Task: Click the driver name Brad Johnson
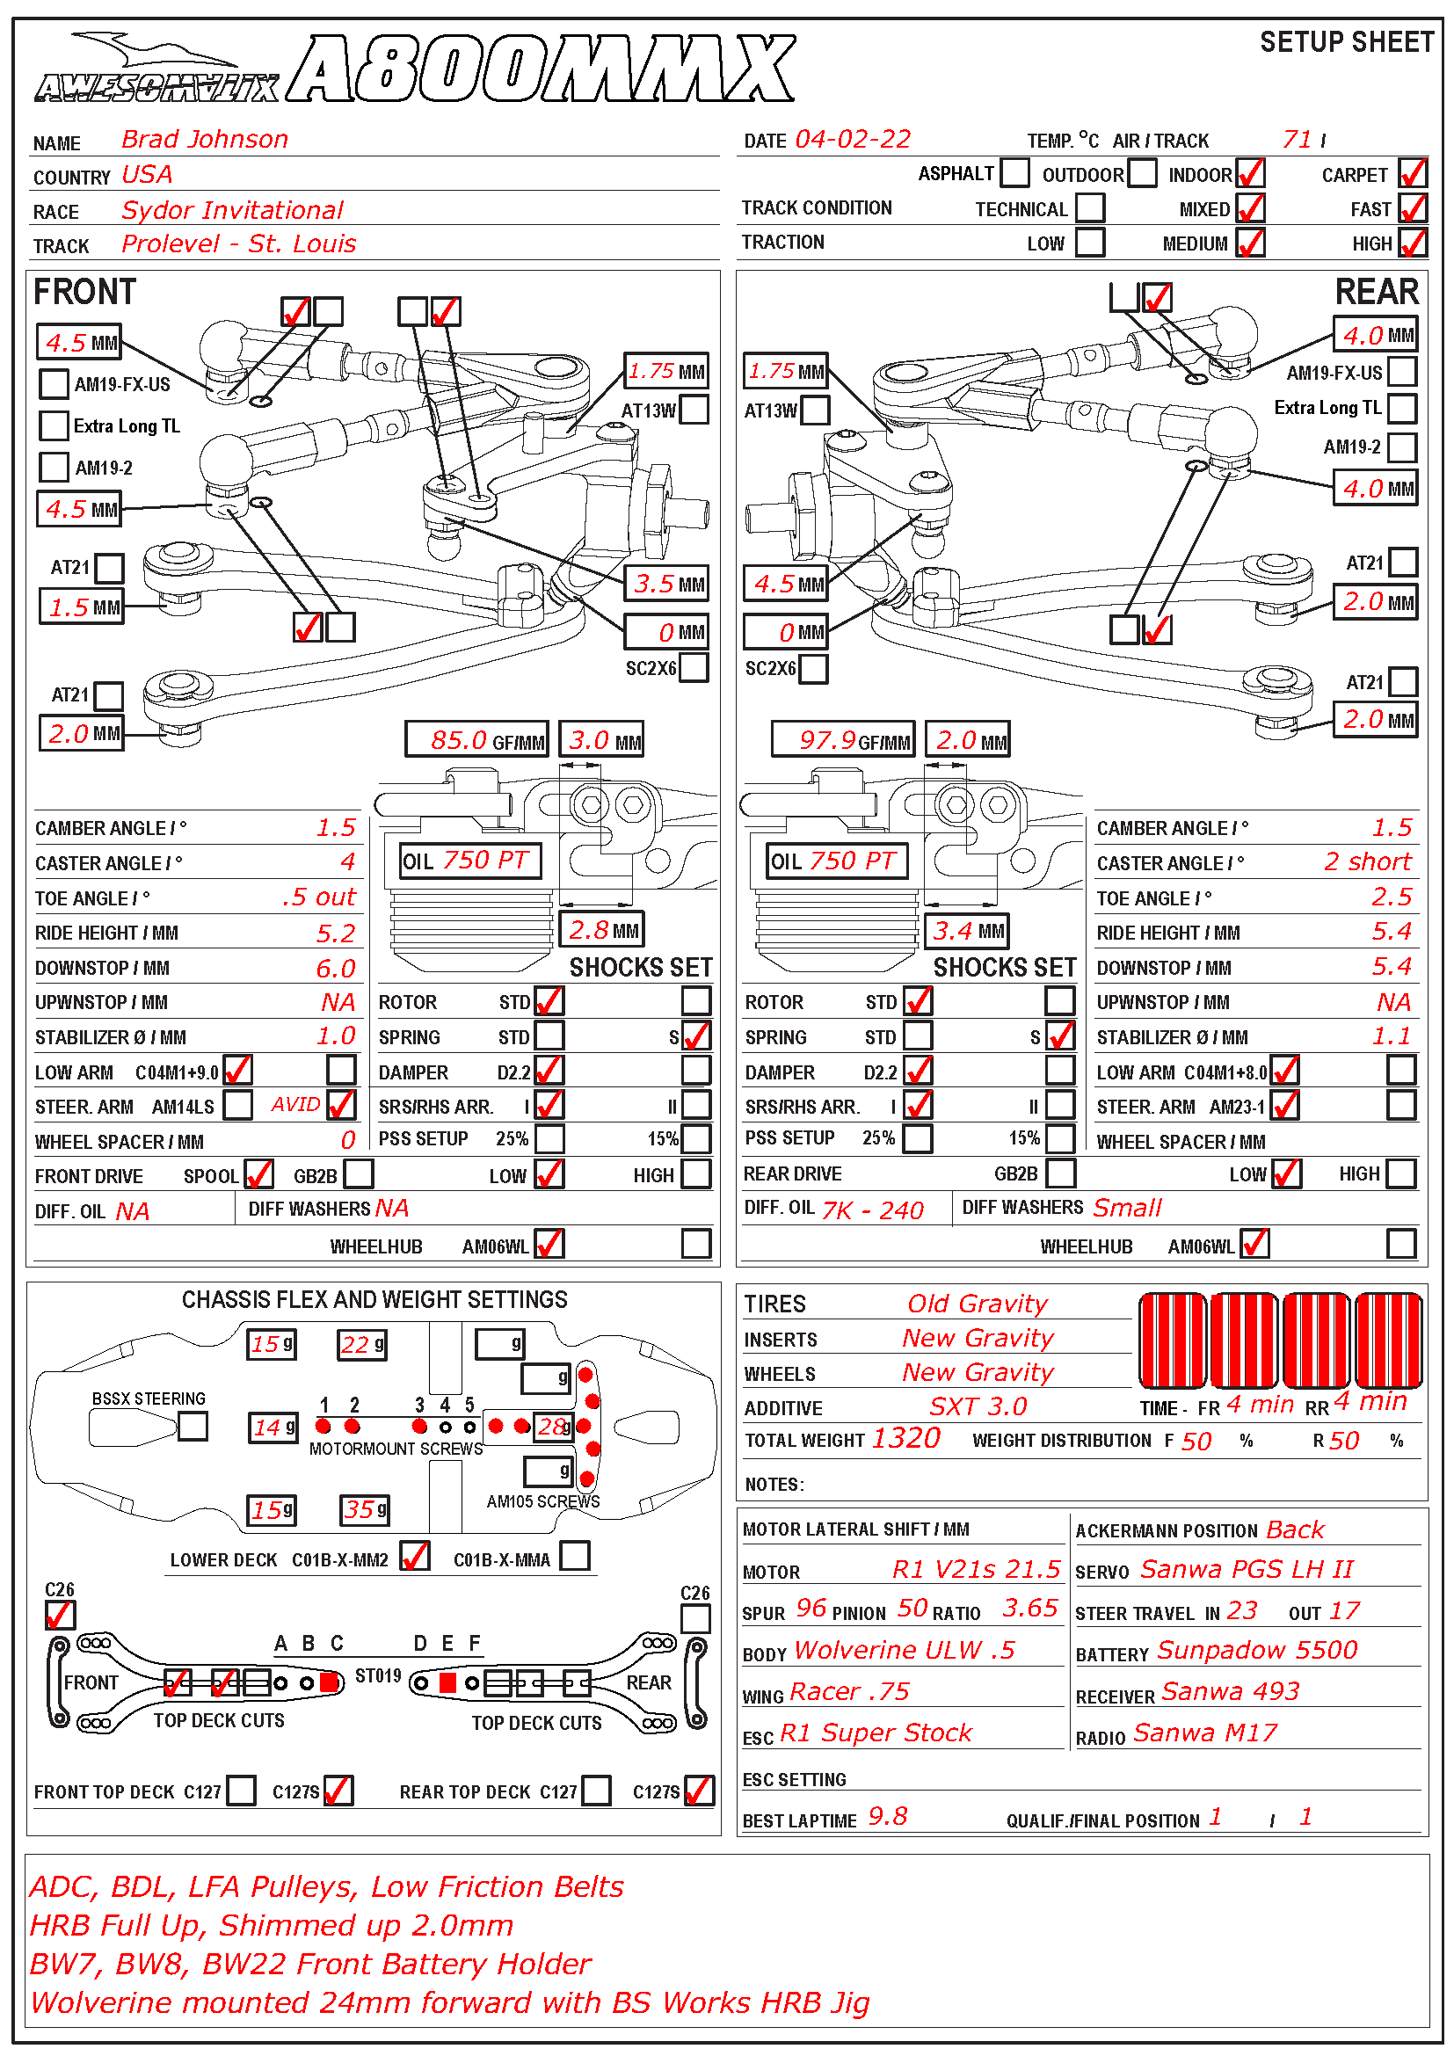coord(204,140)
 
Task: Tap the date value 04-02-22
coord(853,140)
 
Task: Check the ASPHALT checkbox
coord(1014,172)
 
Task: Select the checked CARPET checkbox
coord(1413,173)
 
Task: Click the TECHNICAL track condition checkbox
coord(1089,207)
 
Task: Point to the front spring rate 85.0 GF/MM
coord(476,740)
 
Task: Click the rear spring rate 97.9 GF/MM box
coord(842,740)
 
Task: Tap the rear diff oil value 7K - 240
coord(872,1210)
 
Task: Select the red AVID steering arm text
coord(295,1105)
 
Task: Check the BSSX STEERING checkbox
coord(193,1426)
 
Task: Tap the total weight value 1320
coord(905,1439)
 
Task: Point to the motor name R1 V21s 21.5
coord(976,1570)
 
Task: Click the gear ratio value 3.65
coord(1029,1609)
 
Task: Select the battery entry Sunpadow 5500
coord(1257,1651)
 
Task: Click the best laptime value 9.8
coord(887,1817)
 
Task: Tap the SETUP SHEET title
coord(1347,42)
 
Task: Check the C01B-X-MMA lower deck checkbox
coord(575,1557)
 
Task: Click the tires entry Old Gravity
coord(977,1304)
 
